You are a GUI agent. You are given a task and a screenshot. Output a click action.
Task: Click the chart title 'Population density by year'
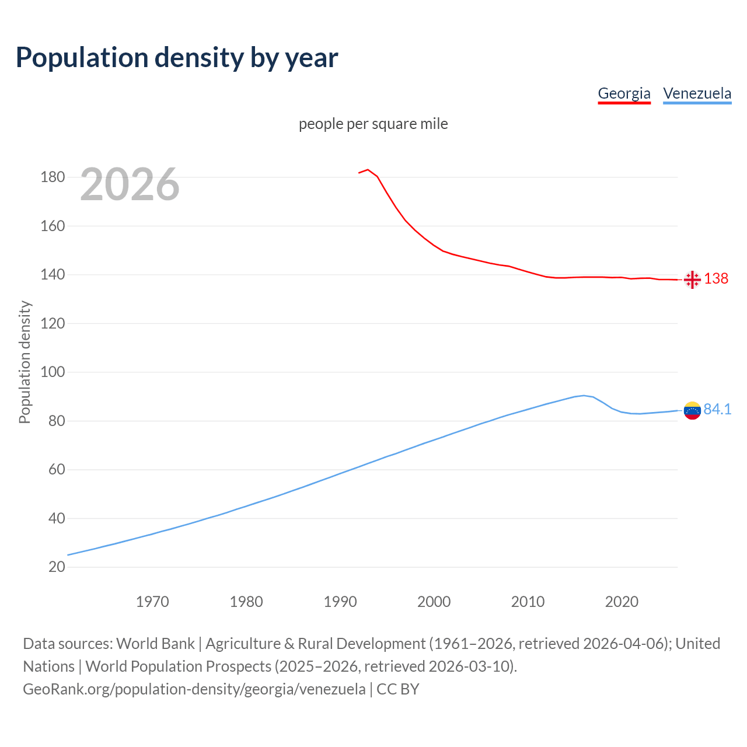tap(177, 57)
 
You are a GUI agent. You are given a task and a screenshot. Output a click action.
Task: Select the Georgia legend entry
tap(624, 93)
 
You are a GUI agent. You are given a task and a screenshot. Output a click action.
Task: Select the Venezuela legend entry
tap(697, 93)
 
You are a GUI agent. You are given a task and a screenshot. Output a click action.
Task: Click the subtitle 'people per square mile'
tap(373, 124)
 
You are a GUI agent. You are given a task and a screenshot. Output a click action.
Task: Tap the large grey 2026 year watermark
tap(130, 184)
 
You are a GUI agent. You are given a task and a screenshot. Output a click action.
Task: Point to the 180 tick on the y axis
tap(53, 177)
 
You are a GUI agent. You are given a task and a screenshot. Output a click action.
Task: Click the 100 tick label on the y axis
tap(53, 372)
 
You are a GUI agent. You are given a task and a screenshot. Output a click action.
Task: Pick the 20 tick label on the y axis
tap(57, 567)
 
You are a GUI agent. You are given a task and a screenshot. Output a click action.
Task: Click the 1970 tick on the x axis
tap(152, 601)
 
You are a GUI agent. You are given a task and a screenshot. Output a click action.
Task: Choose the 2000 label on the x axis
tap(434, 601)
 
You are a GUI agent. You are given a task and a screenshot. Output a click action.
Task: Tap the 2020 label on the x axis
tap(622, 601)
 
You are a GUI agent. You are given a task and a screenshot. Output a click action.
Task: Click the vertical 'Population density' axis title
tap(25, 362)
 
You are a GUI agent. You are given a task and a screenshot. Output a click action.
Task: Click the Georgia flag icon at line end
tap(692, 280)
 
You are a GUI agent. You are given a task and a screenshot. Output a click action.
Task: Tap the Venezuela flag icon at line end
tap(692, 411)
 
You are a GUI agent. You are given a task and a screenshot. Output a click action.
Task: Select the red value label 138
tap(716, 278)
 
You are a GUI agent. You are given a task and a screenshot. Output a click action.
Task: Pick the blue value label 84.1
tap(717, 409)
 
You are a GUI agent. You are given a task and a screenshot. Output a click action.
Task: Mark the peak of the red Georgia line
tap(368, 170)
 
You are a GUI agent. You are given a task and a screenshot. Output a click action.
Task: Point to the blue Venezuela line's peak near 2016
tap(584, 396)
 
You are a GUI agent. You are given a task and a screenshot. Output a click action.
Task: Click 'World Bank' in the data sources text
tap(155, 643)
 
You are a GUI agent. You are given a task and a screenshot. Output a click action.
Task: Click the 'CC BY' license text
tap(398, 689)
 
